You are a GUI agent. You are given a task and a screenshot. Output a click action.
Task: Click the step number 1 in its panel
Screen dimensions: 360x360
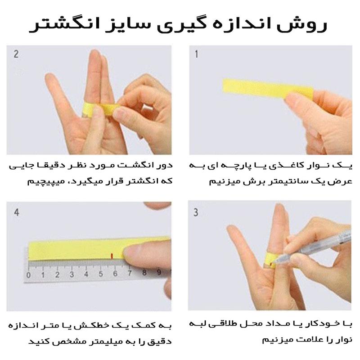pyautogui.click(x=196, y=54)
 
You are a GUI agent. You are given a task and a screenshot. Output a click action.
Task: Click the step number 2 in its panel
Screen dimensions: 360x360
pyautogui.click(x=16, y=54)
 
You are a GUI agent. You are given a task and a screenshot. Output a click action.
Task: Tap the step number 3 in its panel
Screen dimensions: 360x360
pyautogui.click(x=196, y=212)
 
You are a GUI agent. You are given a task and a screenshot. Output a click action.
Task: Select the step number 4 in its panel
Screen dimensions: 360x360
pyautogui.click(x=16, y=212)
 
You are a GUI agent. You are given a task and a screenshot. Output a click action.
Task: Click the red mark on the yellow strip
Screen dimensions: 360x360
pyautogui.click(x=112, y=256)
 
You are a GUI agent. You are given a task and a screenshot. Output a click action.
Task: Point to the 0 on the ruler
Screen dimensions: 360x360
pyautogui.click(x=28, y=275)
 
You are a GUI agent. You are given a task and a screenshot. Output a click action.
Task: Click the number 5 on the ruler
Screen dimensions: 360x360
pyautogui.click(x=100, y=274)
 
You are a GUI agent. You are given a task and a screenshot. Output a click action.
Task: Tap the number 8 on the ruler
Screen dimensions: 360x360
pyautogui.click(x=144, y=273)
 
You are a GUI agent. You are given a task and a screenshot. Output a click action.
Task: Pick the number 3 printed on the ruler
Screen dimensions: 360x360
pyautogui.click(x=72, y=274)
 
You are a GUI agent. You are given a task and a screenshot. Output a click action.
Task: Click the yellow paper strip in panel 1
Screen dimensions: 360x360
pyautogui.click(x=264, y=88)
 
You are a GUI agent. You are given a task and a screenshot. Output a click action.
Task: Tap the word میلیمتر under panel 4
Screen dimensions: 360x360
pyautogui.click(x=99, y=342)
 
